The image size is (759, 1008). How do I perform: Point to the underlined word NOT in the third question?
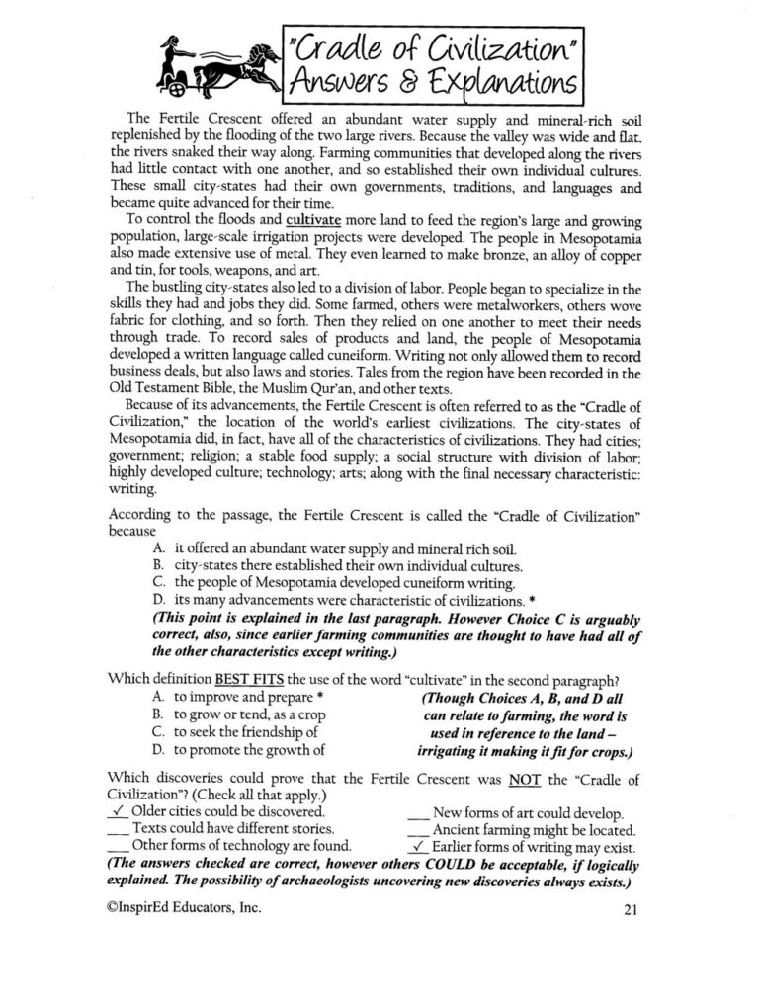click(x=525, y=777)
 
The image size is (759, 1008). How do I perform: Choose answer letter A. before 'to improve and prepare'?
click(x=159, y=698)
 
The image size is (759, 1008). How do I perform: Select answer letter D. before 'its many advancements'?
click(x=159, y=601)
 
